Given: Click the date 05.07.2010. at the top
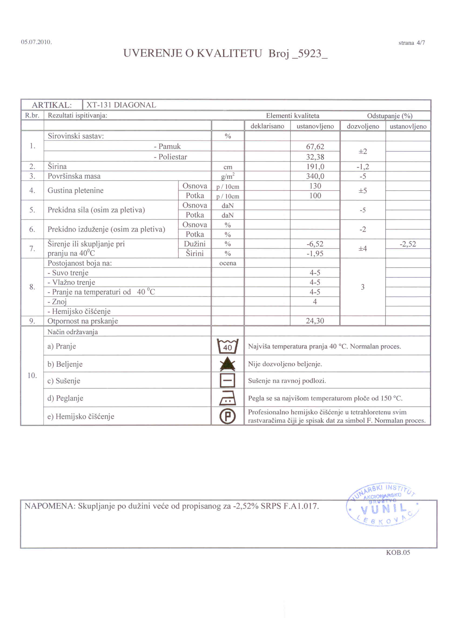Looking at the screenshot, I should point(36,42).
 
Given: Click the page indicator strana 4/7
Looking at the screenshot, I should point(412,43).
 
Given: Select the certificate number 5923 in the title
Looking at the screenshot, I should point(309,53).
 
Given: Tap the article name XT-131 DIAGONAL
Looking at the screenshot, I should point(121,105).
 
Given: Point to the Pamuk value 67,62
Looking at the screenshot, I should point(315,147).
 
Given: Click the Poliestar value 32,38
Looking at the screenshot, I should point(315,157).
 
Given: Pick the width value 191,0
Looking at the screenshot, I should point(315,167).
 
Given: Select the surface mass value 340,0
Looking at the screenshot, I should point(315,176).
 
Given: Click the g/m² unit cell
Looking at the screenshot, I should point(228,176).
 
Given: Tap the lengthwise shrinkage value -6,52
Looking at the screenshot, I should point(315,244).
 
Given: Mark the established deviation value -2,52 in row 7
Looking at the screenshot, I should point(408,244).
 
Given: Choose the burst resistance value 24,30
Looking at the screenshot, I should point(315,321).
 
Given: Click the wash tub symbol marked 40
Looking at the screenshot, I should point(227,346).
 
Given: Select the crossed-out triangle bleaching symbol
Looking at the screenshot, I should point(227,364).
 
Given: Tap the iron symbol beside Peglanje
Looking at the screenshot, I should point(227,398).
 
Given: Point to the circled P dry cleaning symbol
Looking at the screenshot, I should point(227,416).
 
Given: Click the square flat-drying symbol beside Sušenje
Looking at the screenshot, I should point(227,381).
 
